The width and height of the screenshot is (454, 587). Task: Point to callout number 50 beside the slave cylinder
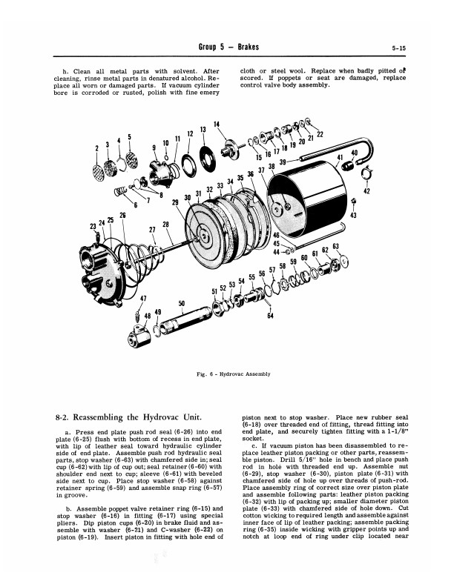pyautogui.click(x=182, y=302)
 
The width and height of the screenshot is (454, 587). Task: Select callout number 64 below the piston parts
pyautogui.click(x=271, y=316)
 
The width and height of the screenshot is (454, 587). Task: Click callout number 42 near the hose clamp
pyautogui.click(x=366, y=190)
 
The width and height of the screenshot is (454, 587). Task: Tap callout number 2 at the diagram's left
pyautogui.click(x=96, y=148)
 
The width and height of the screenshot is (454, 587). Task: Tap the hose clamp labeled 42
pyautogui.click(x=364, y=174)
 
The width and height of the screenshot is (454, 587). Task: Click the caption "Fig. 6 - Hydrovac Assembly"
pyautogui.click(x=226, y=374)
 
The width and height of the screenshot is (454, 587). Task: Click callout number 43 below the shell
pyautogui.click(x=353, y=215)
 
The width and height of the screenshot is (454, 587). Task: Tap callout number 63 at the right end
pyautogui.click(x=335, y=246)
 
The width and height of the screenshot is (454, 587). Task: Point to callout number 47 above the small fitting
pyautogui.click(x=142, y=299)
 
